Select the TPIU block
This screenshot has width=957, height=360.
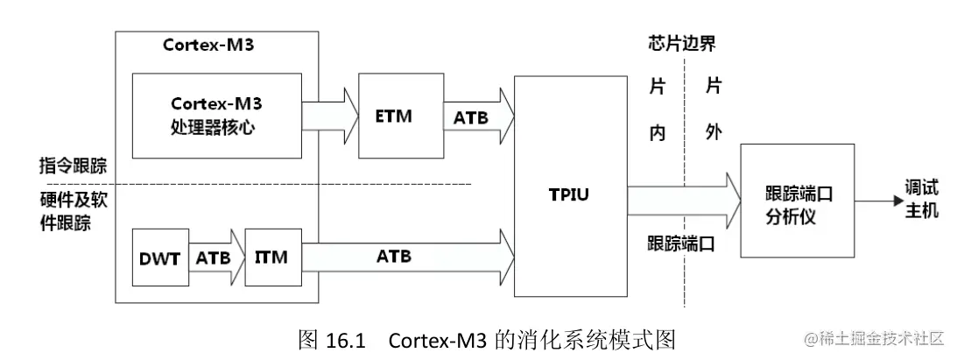coord(570,193)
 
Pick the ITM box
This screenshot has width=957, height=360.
coord(272,257)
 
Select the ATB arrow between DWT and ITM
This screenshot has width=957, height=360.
coord(215,257)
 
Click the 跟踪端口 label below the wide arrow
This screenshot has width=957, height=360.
coord(680,244)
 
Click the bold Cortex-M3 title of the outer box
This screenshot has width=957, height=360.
coord(208,46)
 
